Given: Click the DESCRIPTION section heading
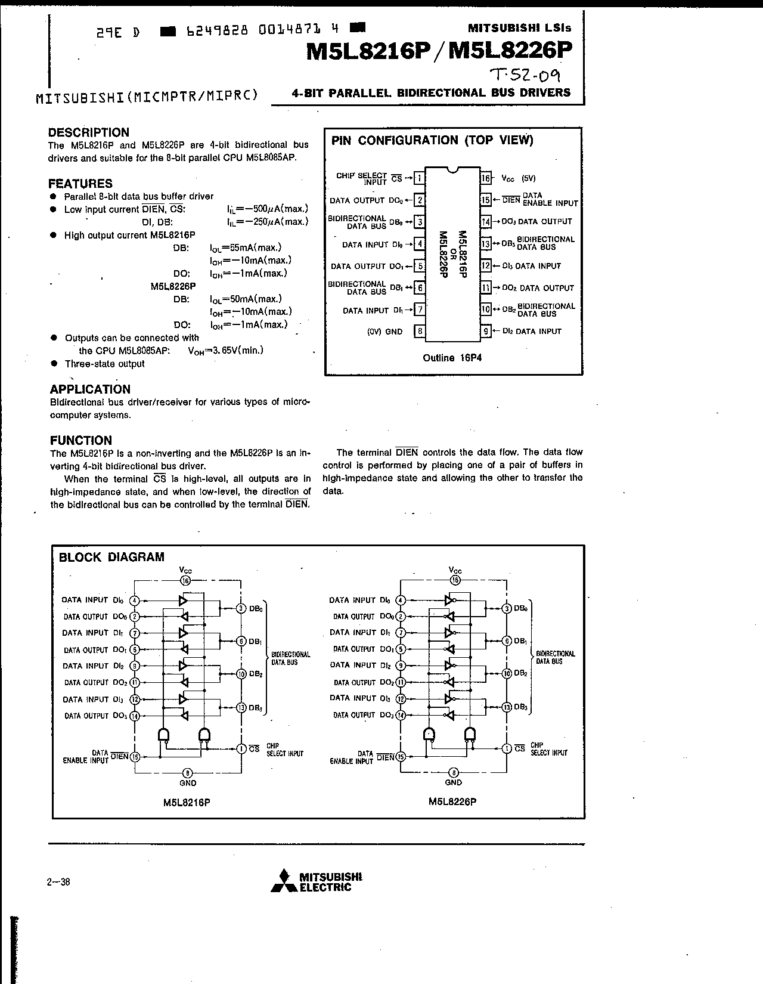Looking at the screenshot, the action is tap(89, 132).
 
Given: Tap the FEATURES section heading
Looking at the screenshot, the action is tap(80, 184).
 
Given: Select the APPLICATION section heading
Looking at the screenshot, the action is tap(90, 389).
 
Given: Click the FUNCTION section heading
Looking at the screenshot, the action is tap(81, 440).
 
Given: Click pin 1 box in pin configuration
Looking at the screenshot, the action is tap(420, 178).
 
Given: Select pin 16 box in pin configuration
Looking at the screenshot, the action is tap(486, 178).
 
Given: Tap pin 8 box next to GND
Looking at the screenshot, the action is tap(420, 332).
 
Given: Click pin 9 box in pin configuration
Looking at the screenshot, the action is tap(486, 332).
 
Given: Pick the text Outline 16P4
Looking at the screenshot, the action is tap(452, 358).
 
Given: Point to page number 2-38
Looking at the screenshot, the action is tap(58, 881).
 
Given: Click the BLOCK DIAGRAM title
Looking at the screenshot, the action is tap(112, 557).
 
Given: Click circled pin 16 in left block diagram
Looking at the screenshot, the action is tap(185, 581).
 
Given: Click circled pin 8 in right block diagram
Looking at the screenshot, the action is tap(454, 772).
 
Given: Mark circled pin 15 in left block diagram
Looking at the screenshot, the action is tap(135, 757).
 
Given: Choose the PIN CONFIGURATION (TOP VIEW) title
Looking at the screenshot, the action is tap(432, 140).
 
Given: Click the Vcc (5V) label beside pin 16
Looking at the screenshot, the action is tap(519, 178).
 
